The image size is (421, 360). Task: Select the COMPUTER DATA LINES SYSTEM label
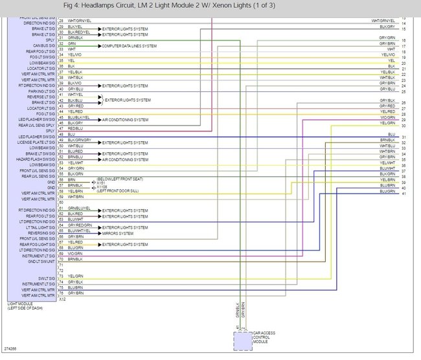(x=130, y=47)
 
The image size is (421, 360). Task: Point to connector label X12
(x=62, y=300)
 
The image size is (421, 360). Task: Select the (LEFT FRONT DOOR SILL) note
(x=119, y=192)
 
